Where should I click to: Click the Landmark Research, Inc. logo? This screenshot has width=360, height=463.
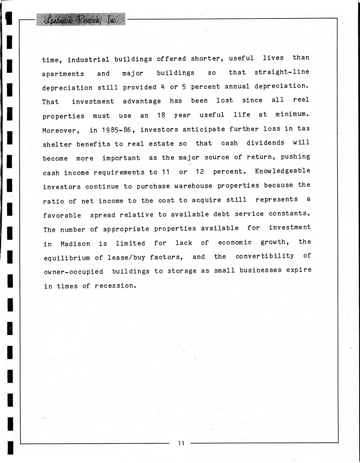(x=81, y=20)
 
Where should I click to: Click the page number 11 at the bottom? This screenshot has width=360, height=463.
(x=181, y=443)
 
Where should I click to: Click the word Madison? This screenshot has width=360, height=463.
(x=75, y=244)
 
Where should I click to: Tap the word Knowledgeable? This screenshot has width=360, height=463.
(x=283, y=171)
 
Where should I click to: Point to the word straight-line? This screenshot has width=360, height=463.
(x=282, y=72)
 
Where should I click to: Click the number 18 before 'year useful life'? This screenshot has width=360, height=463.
(x=161, y=115)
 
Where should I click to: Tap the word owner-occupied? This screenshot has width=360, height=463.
(x=73, y=272)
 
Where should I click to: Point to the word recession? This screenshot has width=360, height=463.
(x=115, y=286)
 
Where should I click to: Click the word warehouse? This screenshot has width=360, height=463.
(x=193, y=186)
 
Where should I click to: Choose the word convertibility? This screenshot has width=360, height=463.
(x=264, y=256)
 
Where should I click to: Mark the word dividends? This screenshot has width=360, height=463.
(x=265, y=143)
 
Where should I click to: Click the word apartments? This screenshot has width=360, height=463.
(x=63, y=74)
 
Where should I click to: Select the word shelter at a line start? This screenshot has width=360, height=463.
(x=57, y=145)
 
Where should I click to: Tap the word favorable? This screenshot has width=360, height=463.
(x=62, y=215)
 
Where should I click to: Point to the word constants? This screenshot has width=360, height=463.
(x=289, y=213)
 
